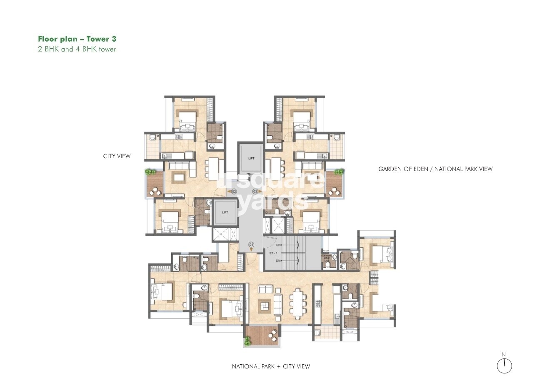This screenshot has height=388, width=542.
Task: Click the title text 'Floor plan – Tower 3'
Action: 77,39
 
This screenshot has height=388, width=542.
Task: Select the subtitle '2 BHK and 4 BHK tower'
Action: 77,49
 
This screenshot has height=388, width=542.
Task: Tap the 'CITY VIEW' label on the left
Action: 117,156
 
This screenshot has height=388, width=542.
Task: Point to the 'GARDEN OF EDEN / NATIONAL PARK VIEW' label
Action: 435,169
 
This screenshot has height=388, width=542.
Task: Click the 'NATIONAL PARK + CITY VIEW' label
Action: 271,366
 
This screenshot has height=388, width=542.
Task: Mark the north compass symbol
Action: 504,365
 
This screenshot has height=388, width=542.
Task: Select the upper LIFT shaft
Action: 251,158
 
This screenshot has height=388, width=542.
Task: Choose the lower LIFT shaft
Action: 225,212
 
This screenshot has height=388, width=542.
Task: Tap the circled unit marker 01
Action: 251,245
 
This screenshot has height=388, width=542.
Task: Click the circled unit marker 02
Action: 234,192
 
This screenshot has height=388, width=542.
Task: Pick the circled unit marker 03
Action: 255,192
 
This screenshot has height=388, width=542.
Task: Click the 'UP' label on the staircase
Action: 278,245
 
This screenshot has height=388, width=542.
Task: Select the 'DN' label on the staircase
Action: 278,261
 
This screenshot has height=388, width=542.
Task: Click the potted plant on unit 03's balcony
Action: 339,172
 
